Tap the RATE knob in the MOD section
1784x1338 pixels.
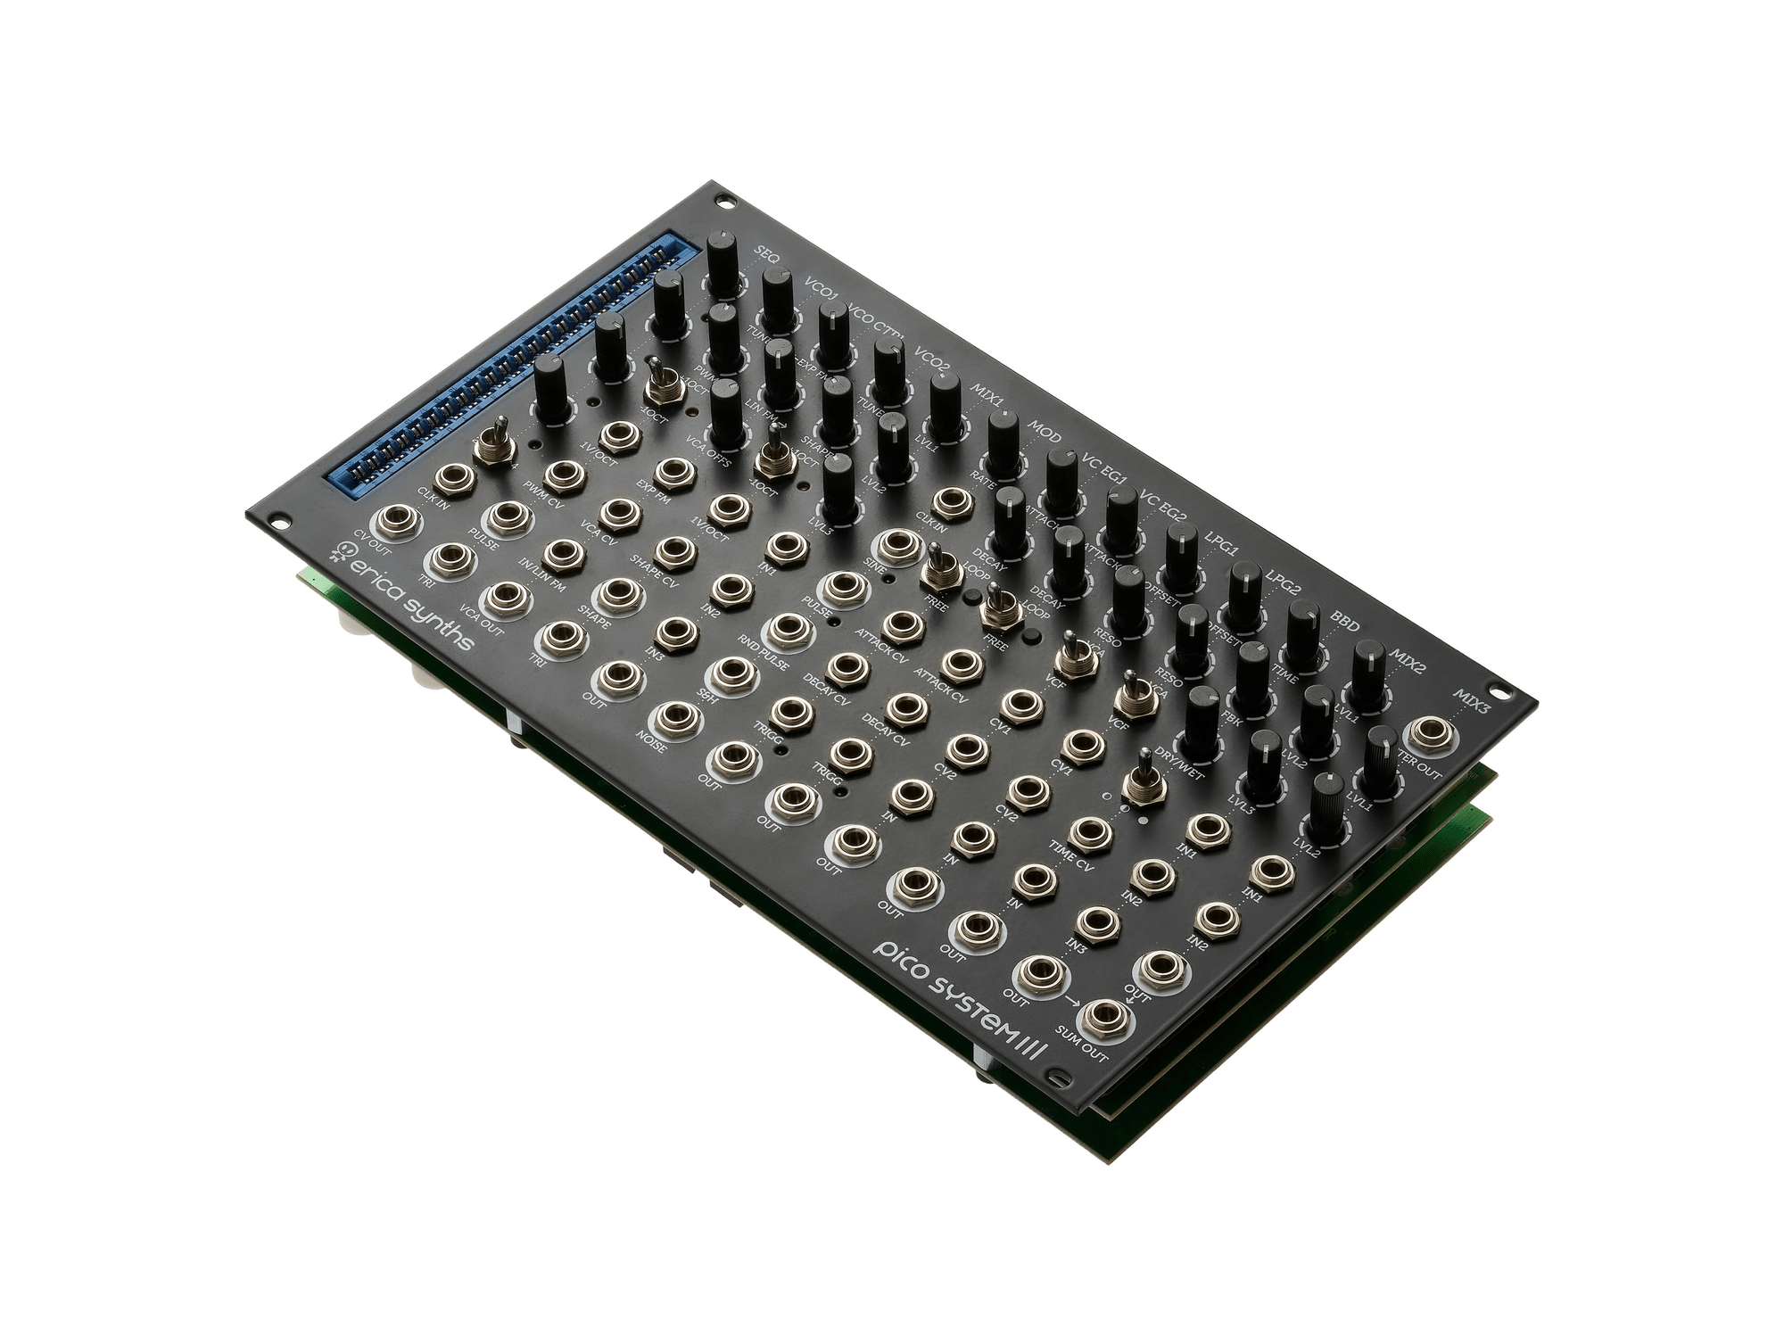pos(1003,439)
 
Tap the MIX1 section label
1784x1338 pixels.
pos(987,392)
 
